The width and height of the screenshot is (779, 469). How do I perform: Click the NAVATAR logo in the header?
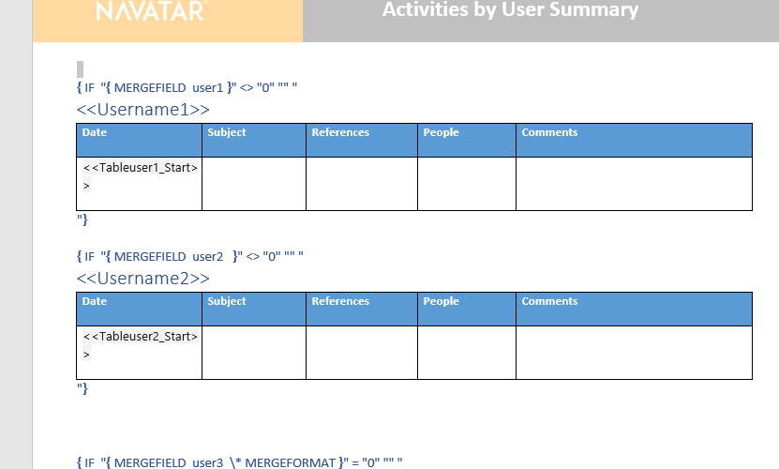[151, 10]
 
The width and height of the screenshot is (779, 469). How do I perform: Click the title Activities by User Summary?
[510, 9]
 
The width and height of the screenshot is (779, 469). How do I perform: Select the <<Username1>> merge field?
[143, 110]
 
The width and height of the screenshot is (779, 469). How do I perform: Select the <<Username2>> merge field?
[143, 278]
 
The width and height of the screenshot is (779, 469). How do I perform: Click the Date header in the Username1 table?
[95, 132]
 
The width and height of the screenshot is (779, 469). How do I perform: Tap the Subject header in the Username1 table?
[227, 132]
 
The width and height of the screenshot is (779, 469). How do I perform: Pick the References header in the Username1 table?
[340, 132]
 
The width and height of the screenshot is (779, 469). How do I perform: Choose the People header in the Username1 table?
[441, 132]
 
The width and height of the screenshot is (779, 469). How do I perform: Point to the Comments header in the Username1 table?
[549, 132]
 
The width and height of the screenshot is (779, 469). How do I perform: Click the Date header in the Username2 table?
[95, 301]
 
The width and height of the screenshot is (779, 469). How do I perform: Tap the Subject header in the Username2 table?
[227, 301]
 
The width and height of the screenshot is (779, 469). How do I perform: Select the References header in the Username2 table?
[340, 301]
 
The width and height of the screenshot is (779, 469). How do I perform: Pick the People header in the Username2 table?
[441, 301]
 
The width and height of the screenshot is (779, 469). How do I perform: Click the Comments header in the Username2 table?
[549, 301]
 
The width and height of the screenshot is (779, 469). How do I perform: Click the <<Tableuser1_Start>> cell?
[140, 176]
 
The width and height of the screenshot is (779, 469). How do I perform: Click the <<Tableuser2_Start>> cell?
[140, 344]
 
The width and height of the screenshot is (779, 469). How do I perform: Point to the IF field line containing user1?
[187, 87]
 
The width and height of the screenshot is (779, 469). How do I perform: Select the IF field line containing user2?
[189, 256]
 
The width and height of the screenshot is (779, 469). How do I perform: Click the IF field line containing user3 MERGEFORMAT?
[239, 462]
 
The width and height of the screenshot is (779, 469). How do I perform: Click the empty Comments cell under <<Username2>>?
[634, 353]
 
